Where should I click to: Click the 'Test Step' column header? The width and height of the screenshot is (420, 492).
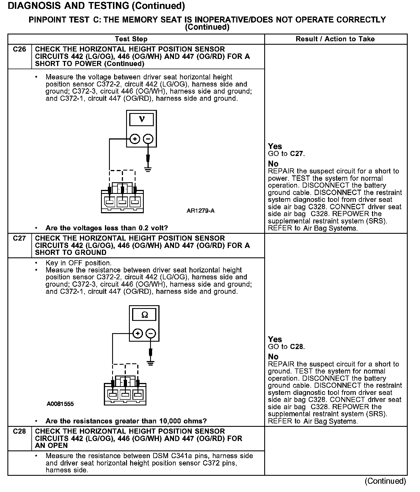point(131,39)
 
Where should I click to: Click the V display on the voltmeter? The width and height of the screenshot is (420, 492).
point(142,119)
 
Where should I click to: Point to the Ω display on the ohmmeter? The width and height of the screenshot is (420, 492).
point(144,315)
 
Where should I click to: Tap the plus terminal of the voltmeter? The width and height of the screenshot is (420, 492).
point(135,139)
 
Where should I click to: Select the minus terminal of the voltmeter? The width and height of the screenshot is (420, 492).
point(148,139)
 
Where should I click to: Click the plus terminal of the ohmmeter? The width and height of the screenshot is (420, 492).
point(138,333)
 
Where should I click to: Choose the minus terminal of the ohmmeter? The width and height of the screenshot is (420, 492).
point(151,333)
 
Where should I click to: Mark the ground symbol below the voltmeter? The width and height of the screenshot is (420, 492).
point(148,170)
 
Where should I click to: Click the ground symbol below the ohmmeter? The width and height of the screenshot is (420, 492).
point(151,363)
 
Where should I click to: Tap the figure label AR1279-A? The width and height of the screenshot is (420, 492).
point(200,211)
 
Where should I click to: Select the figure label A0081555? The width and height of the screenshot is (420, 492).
point(60,404)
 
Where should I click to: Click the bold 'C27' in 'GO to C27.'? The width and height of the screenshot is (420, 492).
point(297,154)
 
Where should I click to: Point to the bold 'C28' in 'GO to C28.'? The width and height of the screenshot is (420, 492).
point(297,347)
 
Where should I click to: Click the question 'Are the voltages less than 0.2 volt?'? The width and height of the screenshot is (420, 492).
point(106,228)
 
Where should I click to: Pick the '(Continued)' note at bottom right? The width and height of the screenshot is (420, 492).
point(385,481)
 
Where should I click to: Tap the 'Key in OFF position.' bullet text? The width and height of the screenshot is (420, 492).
point(78,263)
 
